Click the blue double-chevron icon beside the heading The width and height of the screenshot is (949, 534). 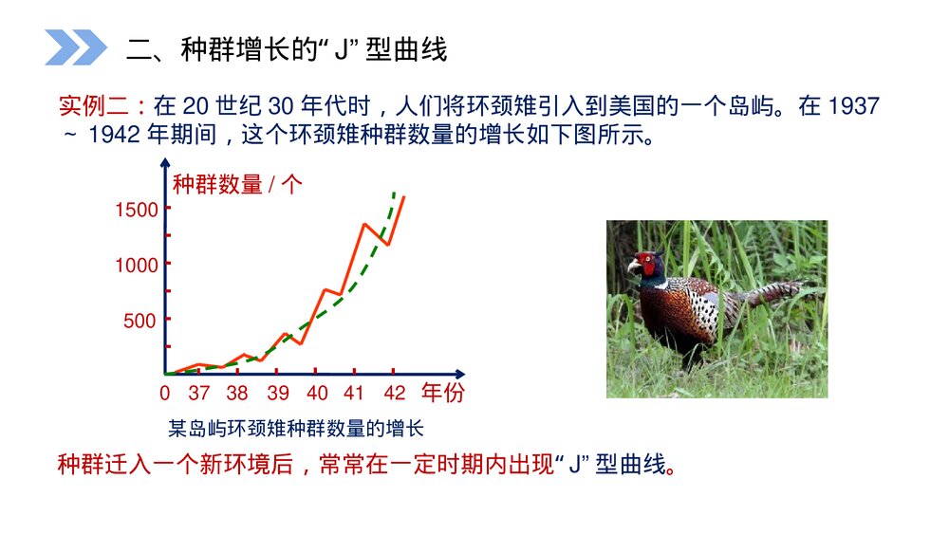pyautogui.click(x=76, y=47)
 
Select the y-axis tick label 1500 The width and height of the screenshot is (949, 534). pyautogui.click(x=136, y=210)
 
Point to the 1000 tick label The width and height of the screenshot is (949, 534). pyautogui.click(x=136, y=266)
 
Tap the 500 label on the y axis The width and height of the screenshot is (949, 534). pyautogui.click(x=140, y=321)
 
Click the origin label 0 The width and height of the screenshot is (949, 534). pyautogui.click(x=165, y=394)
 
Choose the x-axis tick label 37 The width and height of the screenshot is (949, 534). pyautogui.click(x=198, y=394)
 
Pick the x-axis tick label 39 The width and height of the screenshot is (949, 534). pyautogui.click(x=278, y=394)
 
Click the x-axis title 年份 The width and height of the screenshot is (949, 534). pyautogui.click(x=443, y=393)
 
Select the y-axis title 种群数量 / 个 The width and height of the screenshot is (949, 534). pyautogui.click(x=237, y=184)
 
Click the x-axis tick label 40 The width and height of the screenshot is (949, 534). pyautogui.click(x=318, y=394)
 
